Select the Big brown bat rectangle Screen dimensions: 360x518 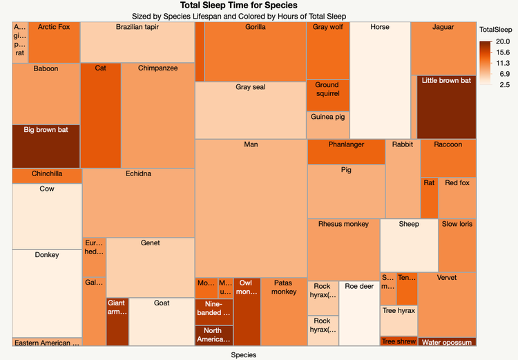click(46, 146)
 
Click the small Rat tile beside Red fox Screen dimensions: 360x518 click(429, 198)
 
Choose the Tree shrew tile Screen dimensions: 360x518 click(398, 341)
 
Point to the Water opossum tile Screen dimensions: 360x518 click(447, 342)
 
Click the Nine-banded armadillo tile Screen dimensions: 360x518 click(214, 312)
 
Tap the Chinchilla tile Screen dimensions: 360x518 click(46, 176)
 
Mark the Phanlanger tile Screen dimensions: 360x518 click(346, 151)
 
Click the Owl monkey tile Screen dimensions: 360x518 click(247, 311)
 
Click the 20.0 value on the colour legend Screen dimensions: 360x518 click(503, 42)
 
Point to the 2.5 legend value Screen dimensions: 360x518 click(503, 84)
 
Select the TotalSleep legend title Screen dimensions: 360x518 click(495, 30)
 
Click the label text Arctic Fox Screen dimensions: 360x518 click(54, 27)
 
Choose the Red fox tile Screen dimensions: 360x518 click(457, 198)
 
